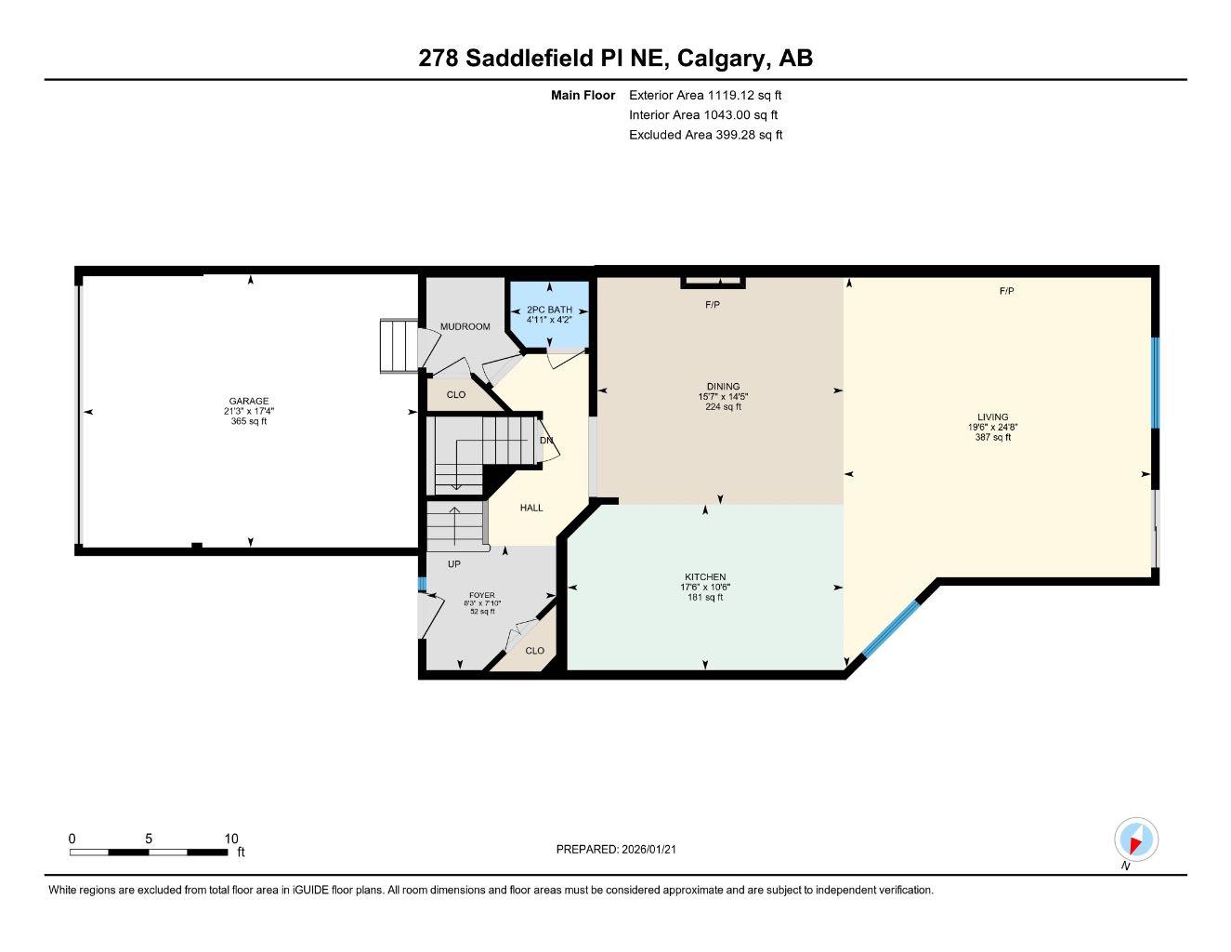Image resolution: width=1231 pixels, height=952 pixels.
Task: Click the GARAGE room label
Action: (x=249, y=401)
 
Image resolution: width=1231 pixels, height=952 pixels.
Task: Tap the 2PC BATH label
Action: (x=549, y=310)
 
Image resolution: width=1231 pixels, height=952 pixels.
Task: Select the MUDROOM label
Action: (x=465, y=326)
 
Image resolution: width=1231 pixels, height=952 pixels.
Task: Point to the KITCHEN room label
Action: (x=705, y=577)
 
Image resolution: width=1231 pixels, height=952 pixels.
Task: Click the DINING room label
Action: (x=723, y=387)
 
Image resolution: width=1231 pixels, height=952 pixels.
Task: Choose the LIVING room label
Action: (x=992, y=417)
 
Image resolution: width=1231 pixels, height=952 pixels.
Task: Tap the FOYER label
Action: (x=481, y=595)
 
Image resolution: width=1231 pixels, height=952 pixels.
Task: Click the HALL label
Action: (x=531, y=508)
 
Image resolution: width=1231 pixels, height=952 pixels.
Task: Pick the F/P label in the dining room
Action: (x=713, y=304)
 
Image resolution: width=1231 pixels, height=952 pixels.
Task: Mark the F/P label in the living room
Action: (x=1006, y=291)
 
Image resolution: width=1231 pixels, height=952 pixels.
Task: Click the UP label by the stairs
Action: (x=453, y=563)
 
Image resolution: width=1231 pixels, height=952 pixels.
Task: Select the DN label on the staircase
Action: (x=546, y=440)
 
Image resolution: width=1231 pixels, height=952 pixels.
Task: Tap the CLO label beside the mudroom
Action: (x=455, y=394)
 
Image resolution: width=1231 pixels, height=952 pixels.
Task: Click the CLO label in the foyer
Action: (x=534, y=650)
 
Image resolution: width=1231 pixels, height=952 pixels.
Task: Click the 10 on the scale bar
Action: (x=231, y=839)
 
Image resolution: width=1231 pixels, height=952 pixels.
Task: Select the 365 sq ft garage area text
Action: (x=249, y=421)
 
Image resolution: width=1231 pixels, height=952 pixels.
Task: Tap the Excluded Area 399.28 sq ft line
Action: (x=705, y=135)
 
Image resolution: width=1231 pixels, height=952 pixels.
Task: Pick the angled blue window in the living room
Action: (x=890, y=628)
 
